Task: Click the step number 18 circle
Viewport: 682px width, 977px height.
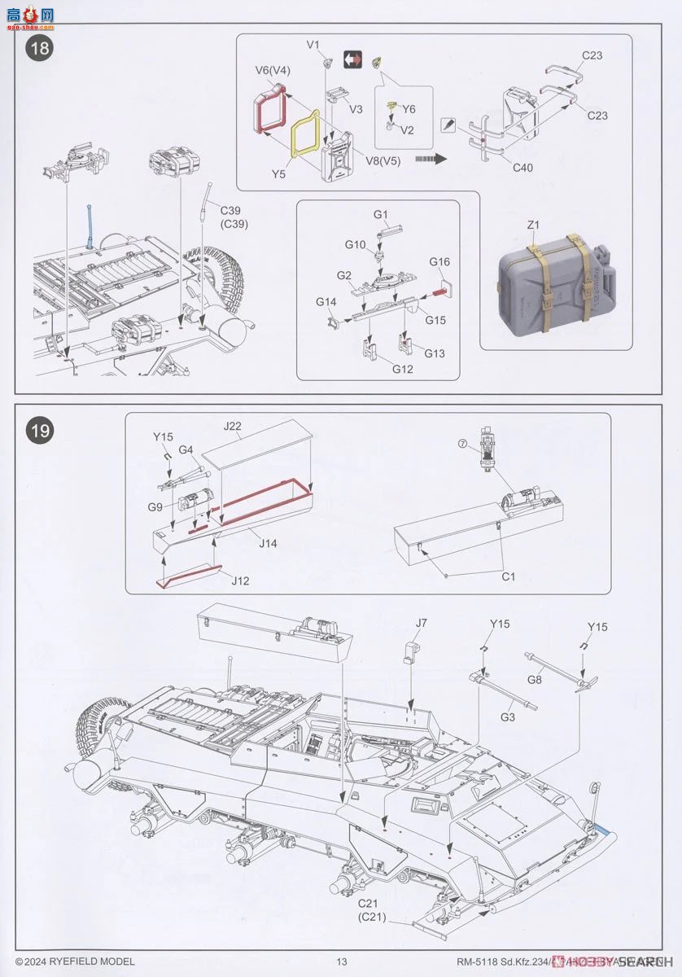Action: point(39,48)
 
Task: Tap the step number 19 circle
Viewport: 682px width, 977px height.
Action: point(39,429)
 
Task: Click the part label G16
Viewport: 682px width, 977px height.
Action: point(439,262)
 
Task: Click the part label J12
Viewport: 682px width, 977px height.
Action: point(239,581)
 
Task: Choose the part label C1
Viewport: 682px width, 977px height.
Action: point(509,576)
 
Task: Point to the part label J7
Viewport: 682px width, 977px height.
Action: point(421,623)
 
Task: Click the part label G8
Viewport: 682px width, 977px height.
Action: point(534,679)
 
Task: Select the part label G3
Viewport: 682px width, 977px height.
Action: point(508,717)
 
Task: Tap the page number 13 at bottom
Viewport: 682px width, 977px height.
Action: point(342,962)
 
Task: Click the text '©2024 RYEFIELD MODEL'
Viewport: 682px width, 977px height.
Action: point(75,962)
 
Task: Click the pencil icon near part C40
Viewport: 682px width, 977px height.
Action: point(447,125)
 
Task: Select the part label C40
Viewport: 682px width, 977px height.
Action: point(523,169)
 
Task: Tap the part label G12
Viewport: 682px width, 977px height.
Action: point(403,369)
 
